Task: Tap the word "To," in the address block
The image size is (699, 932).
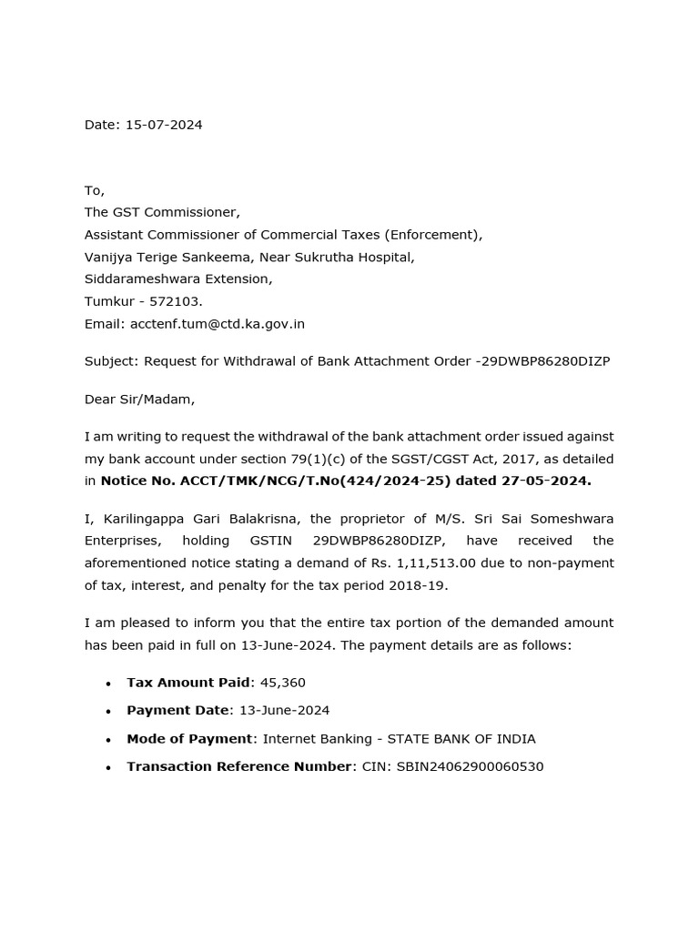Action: [95, 190]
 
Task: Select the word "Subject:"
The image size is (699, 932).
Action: [111, 361]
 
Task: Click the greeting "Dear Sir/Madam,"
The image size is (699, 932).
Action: [139, 399]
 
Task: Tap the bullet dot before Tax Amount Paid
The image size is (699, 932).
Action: [108, 684]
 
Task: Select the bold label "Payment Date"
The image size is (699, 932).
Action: [177, 710]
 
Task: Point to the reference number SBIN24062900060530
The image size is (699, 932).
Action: [470, 766]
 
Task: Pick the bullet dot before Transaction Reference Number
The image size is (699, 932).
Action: [108, 767]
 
